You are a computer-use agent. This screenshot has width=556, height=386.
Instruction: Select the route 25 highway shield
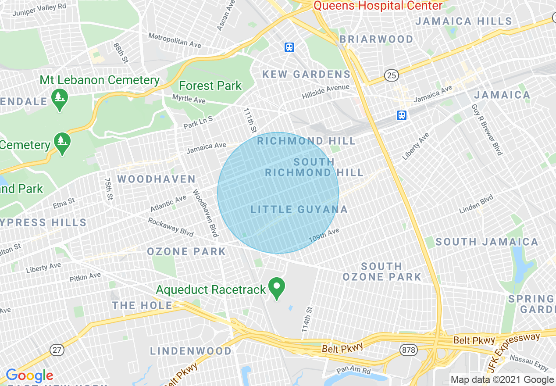(x=392, y=75)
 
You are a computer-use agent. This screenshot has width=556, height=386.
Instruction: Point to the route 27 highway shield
(x=57, y=350)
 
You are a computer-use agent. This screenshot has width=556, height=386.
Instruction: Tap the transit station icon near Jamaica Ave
(x=402, y=115)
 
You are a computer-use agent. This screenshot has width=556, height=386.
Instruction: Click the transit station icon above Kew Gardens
(x=289, y=47)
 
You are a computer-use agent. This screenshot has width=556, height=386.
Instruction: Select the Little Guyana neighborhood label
(x=299, y=210)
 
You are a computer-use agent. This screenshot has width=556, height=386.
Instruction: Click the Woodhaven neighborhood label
(x=157, y=179)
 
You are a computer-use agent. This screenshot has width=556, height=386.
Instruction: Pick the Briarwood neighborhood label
(x=376, y=39)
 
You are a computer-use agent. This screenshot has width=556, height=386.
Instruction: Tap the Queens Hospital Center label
(x=378, y=6)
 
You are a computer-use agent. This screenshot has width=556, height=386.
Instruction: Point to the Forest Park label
(x=210, y=86)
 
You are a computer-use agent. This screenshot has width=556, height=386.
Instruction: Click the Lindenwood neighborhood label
(x=191, y=351)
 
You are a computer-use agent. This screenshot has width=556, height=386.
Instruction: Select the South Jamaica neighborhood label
(x=487, y=242)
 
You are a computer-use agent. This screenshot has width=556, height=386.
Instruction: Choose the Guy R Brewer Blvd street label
(x=487, y=129)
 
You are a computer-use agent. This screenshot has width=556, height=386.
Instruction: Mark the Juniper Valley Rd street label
(x=39, y=10)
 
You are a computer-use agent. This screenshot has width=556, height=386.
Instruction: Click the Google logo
(x=29, y=376)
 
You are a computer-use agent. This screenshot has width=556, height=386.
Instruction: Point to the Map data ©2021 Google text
(x=502, y=380)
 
